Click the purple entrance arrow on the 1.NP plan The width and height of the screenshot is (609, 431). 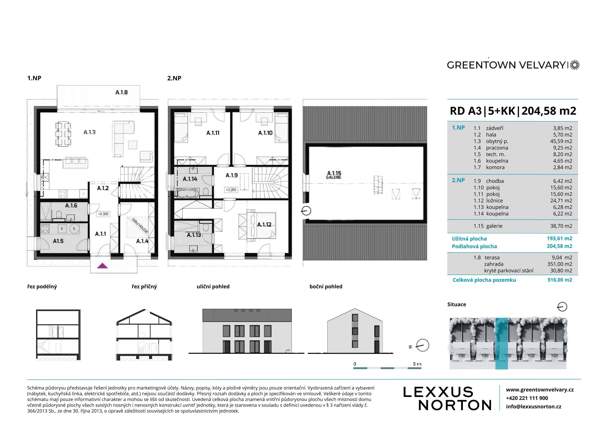[102, 266]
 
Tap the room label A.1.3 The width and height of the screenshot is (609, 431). [89, 132]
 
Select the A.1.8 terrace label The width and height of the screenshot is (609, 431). [122, 92]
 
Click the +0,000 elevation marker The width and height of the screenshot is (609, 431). [103, 214]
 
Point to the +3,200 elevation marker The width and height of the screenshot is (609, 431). [231, 190]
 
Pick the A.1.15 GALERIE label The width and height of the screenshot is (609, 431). [334, 175]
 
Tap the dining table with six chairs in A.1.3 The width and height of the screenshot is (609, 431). [63, 134]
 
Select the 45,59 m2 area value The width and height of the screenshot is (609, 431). [561, 141]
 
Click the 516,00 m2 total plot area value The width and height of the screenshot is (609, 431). [560, 280]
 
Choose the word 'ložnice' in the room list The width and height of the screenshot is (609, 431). [494, 201]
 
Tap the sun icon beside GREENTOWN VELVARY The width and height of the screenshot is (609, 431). [575, 65]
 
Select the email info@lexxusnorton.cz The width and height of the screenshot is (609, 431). [533, 407]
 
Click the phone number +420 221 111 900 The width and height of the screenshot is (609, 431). [527, 398]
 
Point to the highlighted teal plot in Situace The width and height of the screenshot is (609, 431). [502, 343]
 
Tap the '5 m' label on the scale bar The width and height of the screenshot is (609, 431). [417, 364]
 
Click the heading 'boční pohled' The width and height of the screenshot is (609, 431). [325, 287]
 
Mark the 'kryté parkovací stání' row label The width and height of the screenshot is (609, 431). [508, 271]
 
